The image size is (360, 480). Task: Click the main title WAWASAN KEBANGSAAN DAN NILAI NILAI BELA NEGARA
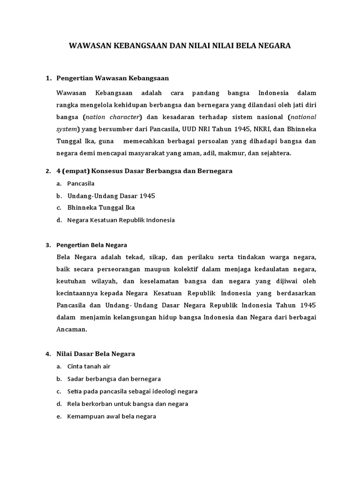point(180,45)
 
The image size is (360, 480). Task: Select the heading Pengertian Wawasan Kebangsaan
point(112,78)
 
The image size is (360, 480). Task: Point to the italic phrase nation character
point(115,117)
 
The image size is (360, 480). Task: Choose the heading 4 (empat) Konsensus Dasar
point(144,171)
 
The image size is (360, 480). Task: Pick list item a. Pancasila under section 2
point(81,183)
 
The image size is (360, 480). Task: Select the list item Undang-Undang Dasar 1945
point(111,195)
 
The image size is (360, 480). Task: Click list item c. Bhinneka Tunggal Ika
point(101,208)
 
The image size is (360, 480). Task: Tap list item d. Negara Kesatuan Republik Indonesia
point(121,220)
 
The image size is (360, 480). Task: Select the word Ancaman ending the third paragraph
point(71,329)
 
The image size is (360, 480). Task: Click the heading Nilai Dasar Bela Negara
point(96,354)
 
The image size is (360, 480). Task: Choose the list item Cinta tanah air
point(89,366)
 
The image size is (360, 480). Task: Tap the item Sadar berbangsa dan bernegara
point(114,379)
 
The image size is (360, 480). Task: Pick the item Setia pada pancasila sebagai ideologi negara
point(132,391)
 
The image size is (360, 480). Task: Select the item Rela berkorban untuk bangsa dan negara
point(127,404)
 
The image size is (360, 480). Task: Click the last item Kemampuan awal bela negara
point(112,416)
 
